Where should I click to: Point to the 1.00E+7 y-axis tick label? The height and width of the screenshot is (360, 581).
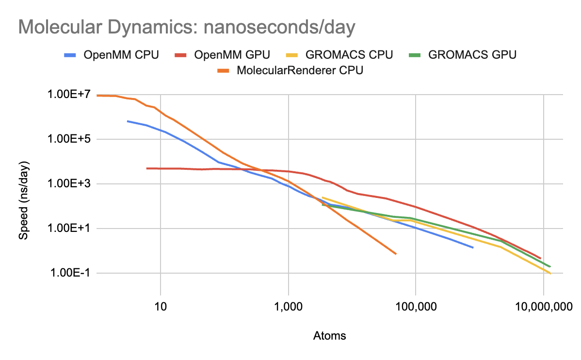click(x=69, y=94)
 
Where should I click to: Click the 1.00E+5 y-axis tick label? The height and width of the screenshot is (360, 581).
click(x=69, y=139)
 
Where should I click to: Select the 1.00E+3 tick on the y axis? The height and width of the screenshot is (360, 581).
click(x=69, y=184)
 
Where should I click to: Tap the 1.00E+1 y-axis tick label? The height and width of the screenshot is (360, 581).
click(x=69, y=229)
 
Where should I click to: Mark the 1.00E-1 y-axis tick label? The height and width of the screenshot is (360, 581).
click(x=69, y=273)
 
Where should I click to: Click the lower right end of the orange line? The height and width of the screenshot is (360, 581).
click(x=396, y=254)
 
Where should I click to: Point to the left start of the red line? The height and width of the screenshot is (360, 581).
click(x=147, y=168)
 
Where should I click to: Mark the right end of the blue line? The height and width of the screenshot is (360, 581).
click(x=472, y=247)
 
